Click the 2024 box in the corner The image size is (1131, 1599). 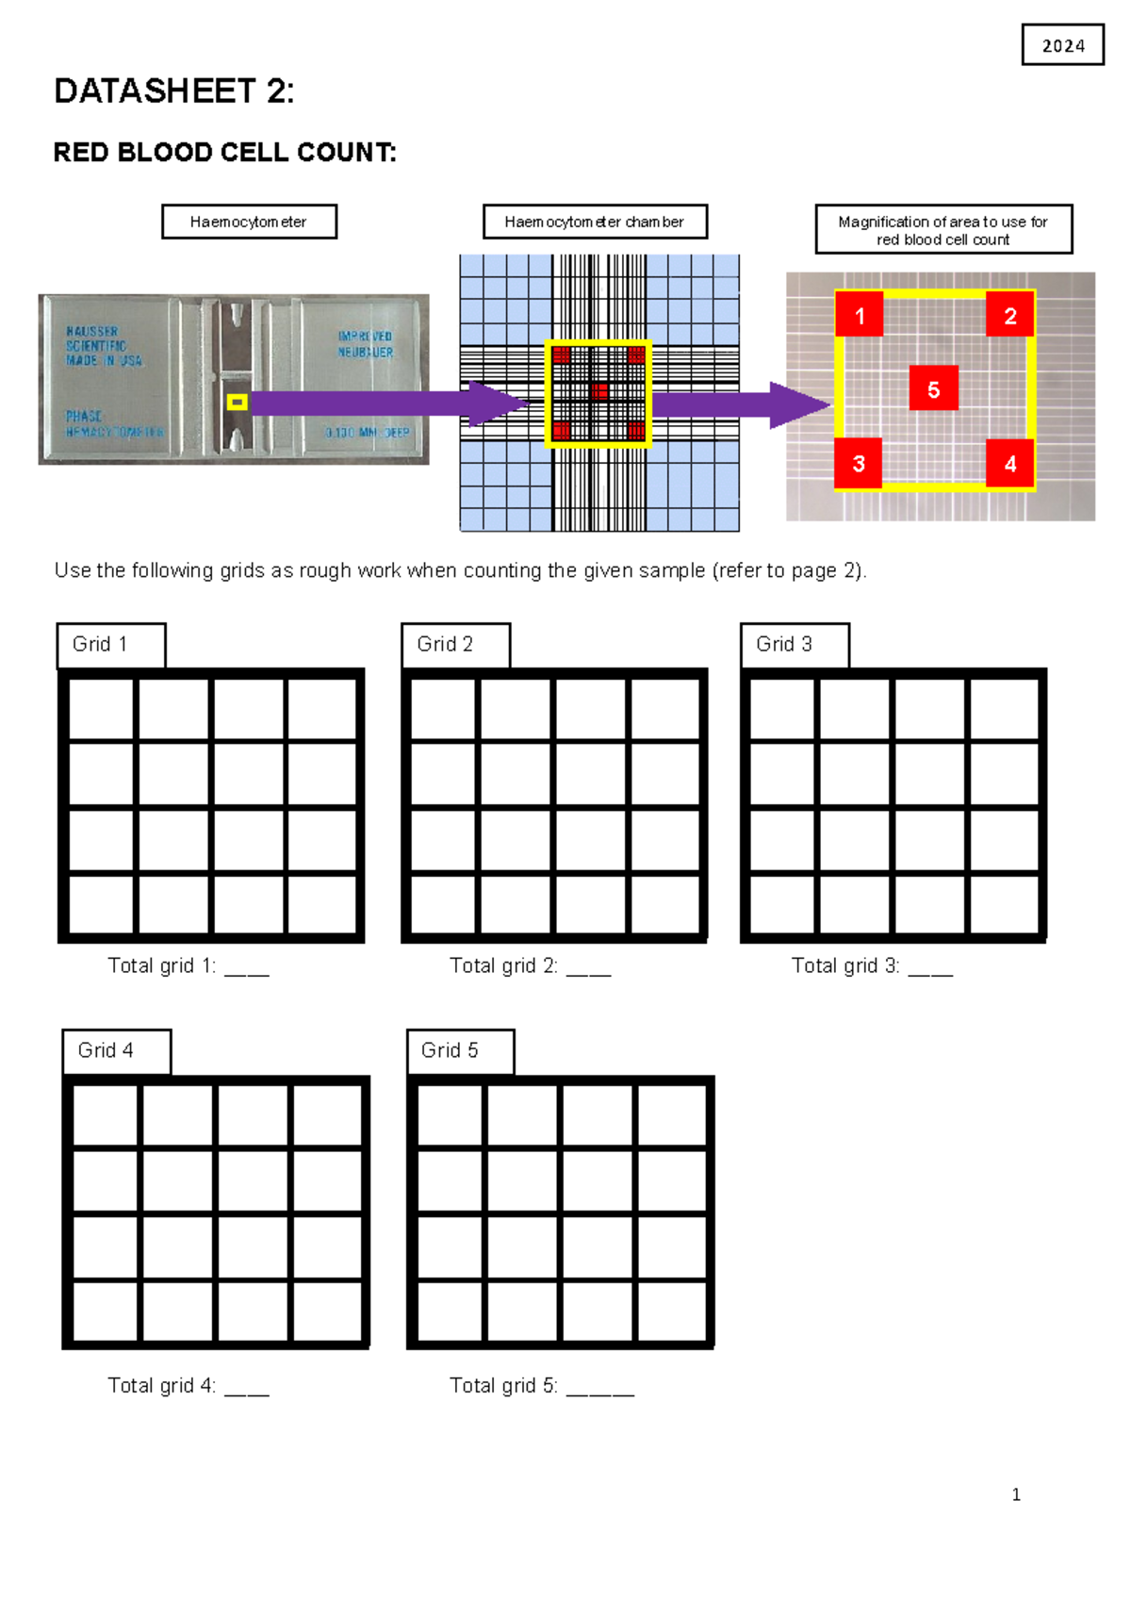(1062, 45)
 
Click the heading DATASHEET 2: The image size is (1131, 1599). (174, 91)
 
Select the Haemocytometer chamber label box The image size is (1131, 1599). (595, 222)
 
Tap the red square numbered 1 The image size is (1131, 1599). (859, 315)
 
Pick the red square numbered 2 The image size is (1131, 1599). (1009, 315)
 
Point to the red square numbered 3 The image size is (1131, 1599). (859, 463)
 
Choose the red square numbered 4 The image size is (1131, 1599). (1009, 463)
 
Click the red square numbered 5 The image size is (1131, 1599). (933, 388)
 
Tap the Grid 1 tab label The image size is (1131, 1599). (111, 644)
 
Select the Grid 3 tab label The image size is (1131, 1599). (795, 644)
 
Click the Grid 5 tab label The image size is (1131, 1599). (461, 1050)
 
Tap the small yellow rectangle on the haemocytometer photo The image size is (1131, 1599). (238, 403)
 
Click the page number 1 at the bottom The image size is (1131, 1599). (1016, 1494)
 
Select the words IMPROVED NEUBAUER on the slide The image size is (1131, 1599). (366, 344)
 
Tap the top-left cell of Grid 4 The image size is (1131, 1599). (105, 1114)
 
